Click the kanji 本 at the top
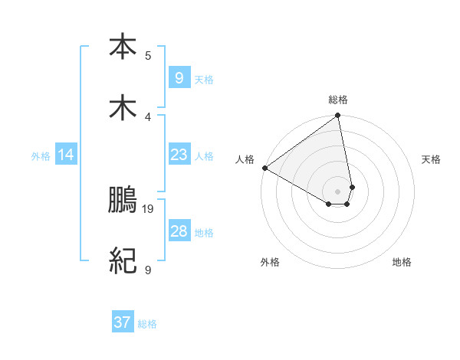(x=123, y=47)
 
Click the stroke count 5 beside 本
(x=148, y=55)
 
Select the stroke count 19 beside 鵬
(x=149, y=208)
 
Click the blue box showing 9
(x=179, y=78)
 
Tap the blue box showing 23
(x=179, y=155)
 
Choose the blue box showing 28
(x=179, y=231)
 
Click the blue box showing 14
(x=66, y=155)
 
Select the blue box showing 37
(x=123, y=322)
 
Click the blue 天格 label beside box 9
(x=204, y=80)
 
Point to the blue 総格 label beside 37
(x=148, y=324)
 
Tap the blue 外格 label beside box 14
(x=41, y=156)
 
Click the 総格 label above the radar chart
(x=338, y=100)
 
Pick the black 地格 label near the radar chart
(x=402, y=263)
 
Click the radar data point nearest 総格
(x=338, y=116)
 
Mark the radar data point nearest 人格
(x=264, y=168)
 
